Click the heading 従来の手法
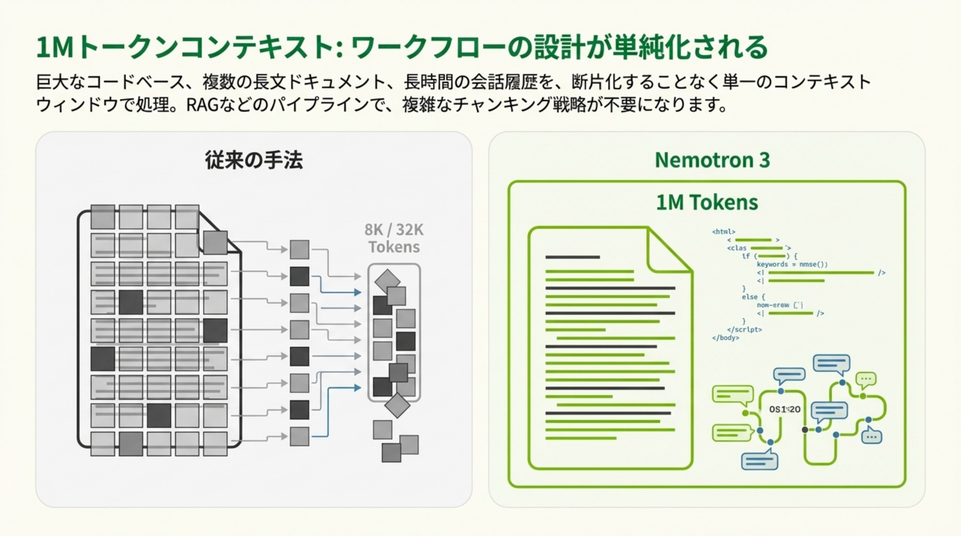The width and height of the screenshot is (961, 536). pos(254,160)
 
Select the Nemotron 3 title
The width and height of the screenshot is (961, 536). pos(712,160)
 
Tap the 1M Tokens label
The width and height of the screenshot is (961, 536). pos(707,202)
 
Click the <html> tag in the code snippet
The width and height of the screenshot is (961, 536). pos(723,231)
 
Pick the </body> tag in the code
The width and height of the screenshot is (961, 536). pos(725,338)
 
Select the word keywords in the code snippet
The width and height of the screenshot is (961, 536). pos(772,264)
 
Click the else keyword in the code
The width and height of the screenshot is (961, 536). pos(749,297)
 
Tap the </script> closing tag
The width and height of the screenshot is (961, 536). pos(744,329)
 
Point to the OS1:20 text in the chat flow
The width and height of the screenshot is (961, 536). pos(785,409)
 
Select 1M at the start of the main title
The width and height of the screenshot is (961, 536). pos(55,47)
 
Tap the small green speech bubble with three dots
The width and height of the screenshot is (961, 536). pos(866,379)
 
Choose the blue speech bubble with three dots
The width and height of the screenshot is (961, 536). pos(872,437)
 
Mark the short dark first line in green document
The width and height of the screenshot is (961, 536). pos(572,257)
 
